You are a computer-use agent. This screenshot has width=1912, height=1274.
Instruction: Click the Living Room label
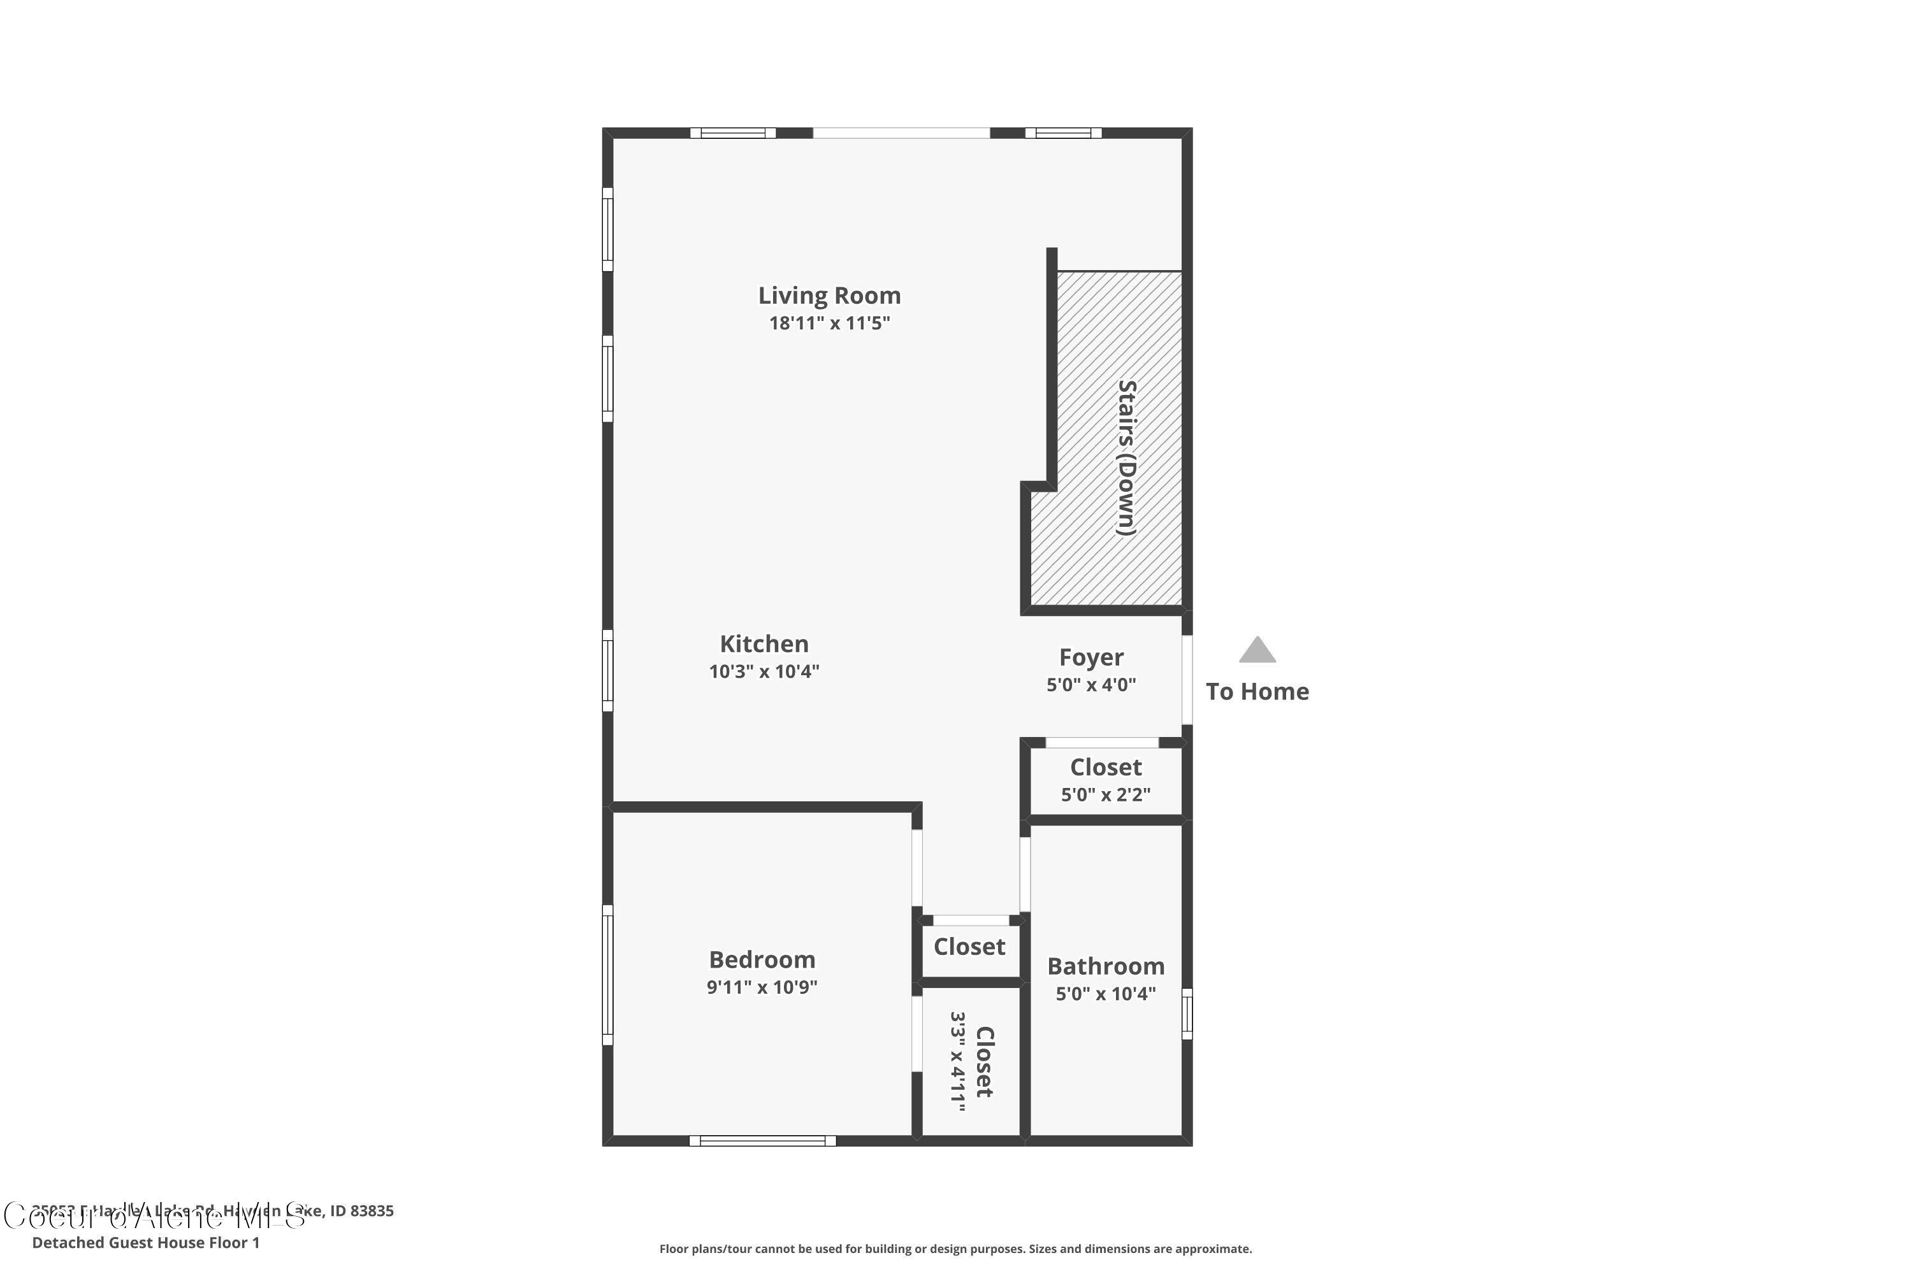pos(829,296)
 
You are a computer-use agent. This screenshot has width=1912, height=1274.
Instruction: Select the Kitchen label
pos(764,644)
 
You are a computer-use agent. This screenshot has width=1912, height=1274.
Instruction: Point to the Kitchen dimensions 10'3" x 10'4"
pos(764,672)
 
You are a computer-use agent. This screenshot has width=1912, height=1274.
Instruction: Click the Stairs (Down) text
pos(1126,457)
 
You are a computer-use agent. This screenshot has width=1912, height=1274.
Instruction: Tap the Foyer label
pos(1091,657)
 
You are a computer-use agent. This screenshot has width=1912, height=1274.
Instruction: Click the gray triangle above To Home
pos(1257,651)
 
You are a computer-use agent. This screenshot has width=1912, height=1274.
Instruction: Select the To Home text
pos(1257,692)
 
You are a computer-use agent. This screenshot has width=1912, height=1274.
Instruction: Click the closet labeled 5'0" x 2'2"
pos(1106,780)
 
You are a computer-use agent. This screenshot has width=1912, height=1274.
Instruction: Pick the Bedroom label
pos(762,961)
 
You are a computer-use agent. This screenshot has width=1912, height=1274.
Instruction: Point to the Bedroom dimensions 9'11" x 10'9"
pos(762,988)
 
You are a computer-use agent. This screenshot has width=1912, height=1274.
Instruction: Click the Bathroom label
pos(1106,967)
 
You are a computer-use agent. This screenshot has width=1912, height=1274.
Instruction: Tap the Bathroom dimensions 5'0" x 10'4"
pos(1106,994)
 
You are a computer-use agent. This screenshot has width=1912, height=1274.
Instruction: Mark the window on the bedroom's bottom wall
pos(762,1142)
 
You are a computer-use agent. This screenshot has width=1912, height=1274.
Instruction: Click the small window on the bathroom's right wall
pos(1187,1014)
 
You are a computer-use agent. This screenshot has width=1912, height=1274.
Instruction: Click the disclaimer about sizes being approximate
pos(955,1249)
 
